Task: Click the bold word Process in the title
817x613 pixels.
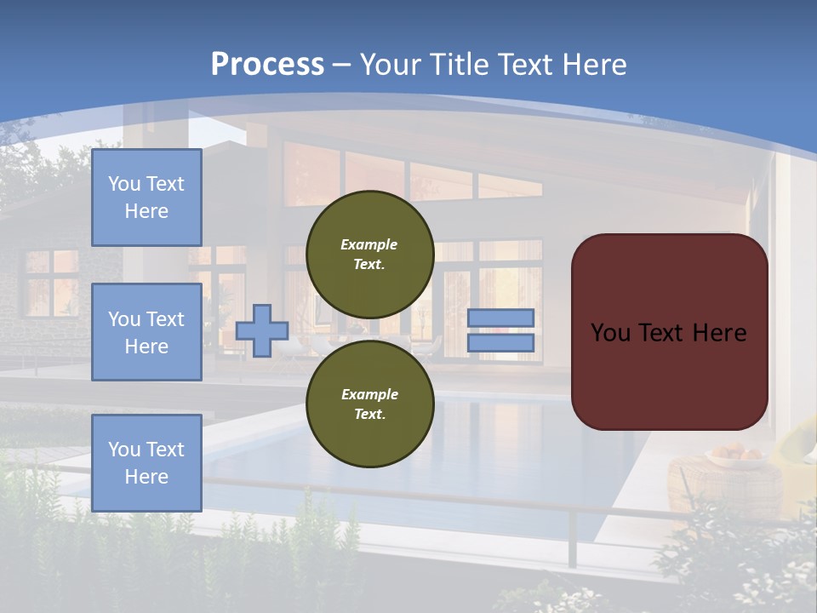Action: (267, 65)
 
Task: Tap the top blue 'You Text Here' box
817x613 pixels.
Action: (146, 198)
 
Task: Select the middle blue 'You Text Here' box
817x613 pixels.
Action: (146, 332)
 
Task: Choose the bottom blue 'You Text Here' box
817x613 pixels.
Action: (146, 463)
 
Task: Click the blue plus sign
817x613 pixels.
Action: (262, 330)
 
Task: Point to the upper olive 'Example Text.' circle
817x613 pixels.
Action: (369, 254)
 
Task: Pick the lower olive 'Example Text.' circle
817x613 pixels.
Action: (369, 404)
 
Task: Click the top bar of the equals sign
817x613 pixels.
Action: (500, 318)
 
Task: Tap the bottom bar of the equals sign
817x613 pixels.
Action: (500, 342)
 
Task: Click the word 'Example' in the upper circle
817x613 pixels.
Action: (369, 244)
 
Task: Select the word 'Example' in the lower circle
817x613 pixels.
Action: (369, 394)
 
